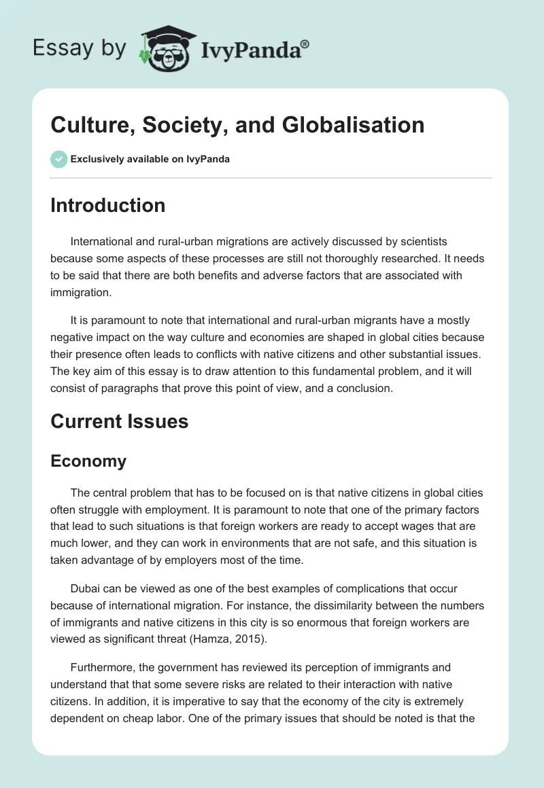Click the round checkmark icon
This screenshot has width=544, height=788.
[x=58, y=159]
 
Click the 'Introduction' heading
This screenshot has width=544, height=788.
[x=107, y=205]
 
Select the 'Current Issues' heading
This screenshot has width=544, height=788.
[x=119, y=421]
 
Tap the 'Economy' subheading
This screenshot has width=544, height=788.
[x=88, y=461]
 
